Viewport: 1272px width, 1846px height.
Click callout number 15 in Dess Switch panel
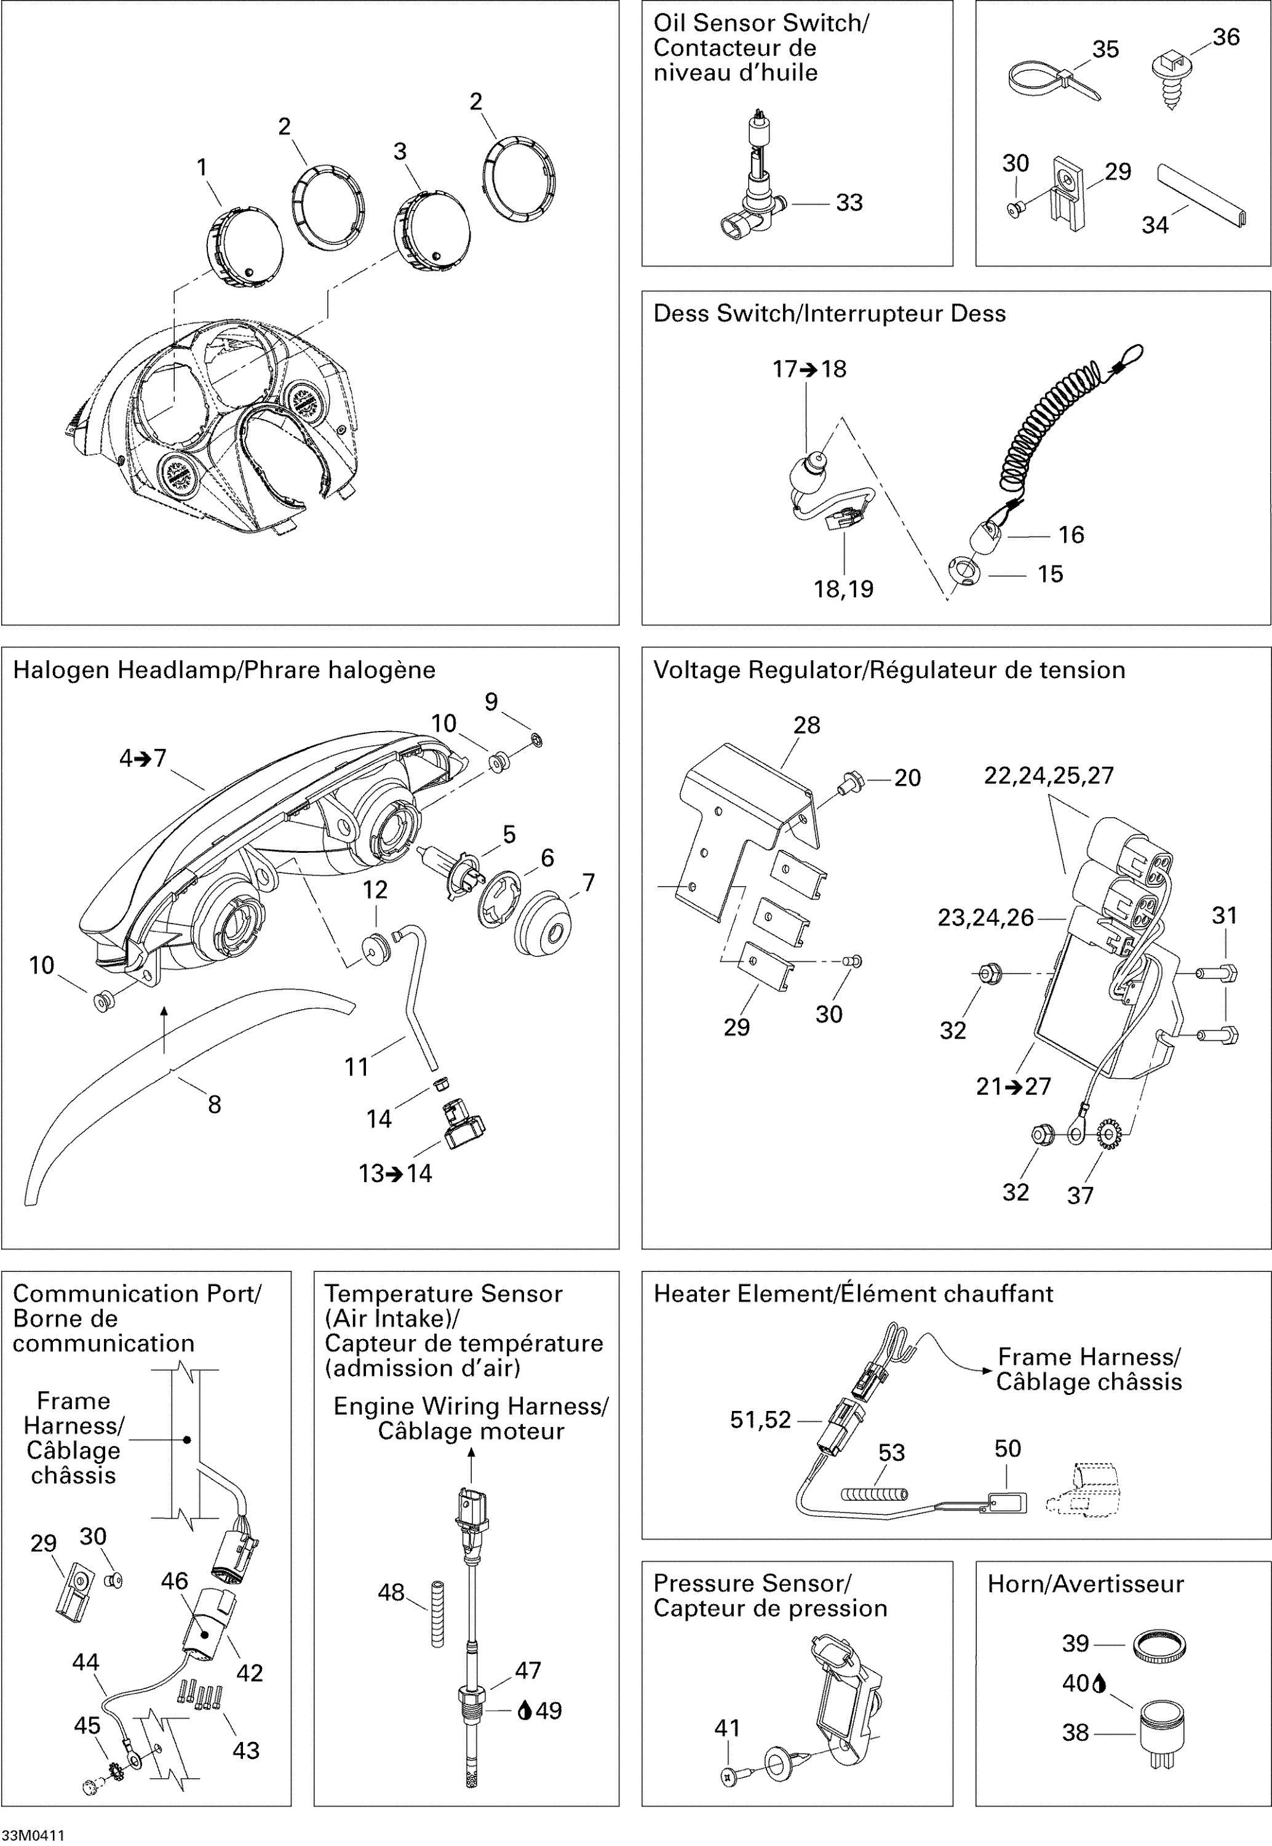(1051, 575)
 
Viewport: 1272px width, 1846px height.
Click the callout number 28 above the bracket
(806, 725)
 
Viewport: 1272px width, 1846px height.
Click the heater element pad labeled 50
(1006, 1503)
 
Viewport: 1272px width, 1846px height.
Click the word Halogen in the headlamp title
(62, 670)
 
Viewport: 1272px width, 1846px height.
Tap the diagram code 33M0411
(33, 1836)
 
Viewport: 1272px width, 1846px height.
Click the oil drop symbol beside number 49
(525, 1711)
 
